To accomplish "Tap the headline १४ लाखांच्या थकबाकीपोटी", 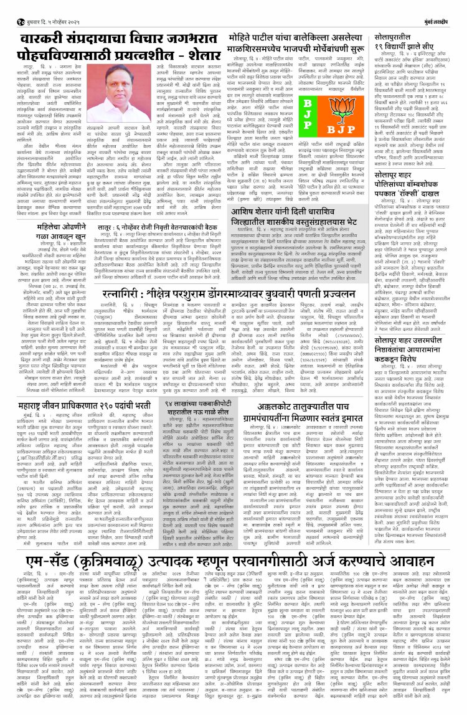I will [x=193, y=405].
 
